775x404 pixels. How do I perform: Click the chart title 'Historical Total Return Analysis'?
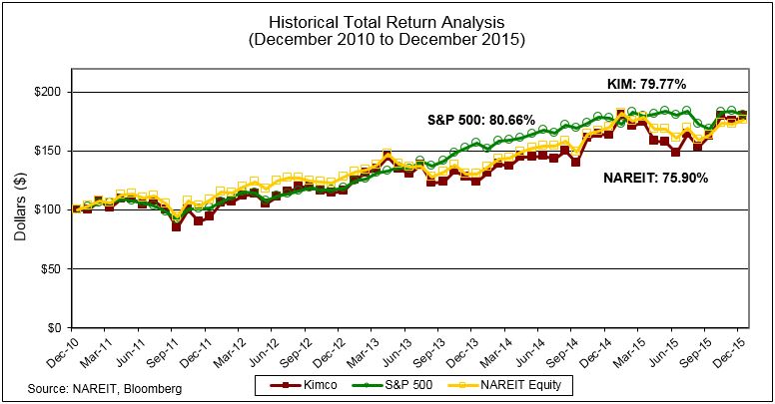click(x=387, y=21)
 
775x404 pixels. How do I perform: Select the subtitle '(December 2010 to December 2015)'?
click(x=387, y=39)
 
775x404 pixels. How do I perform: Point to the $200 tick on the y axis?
click(x=48, y=92)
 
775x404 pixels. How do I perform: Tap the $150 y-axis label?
click(x=48, y=151)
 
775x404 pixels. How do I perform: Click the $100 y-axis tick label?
click(x=48, y=209)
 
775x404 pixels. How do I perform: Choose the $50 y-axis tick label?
click(x=51, y=268)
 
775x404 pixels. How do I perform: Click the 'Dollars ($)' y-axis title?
click(x=21, y=209)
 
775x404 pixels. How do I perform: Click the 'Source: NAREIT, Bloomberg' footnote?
click(x=104, y=386)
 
